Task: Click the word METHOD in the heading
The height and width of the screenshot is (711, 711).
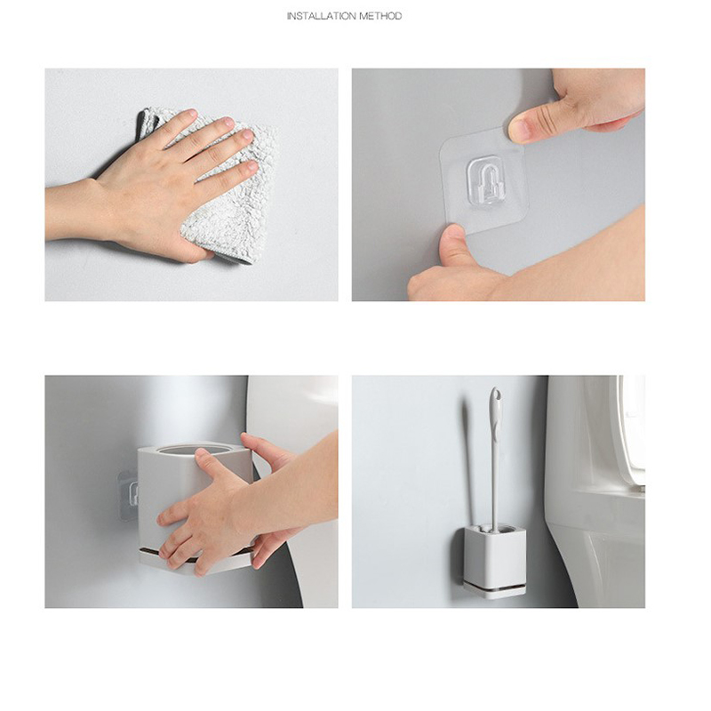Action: [381, 16]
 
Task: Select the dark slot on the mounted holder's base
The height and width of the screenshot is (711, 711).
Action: [495, 587]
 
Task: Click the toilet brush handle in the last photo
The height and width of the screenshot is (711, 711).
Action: [494, 458]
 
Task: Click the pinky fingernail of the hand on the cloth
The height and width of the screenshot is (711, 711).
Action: [252, 164]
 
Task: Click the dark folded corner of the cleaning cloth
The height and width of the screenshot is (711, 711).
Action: [148, 123]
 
